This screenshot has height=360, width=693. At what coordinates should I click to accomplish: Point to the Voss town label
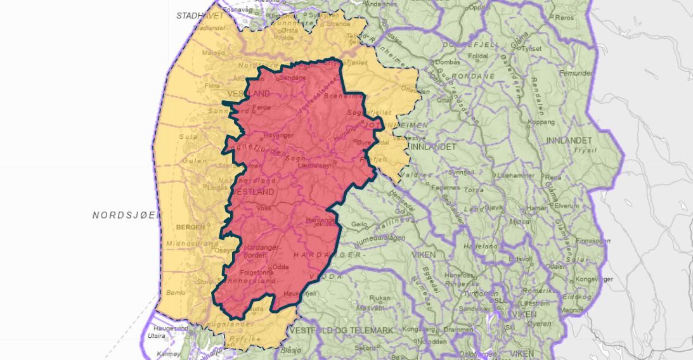[265, 208]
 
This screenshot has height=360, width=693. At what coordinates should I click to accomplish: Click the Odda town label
[281, 267]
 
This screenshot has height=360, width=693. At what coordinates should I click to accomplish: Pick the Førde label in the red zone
[261, 107]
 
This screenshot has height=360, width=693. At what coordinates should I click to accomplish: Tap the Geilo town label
[359, 224]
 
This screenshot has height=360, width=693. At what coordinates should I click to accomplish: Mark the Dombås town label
[447, 62]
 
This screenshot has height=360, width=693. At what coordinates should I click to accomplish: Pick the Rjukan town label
[379, 297]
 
